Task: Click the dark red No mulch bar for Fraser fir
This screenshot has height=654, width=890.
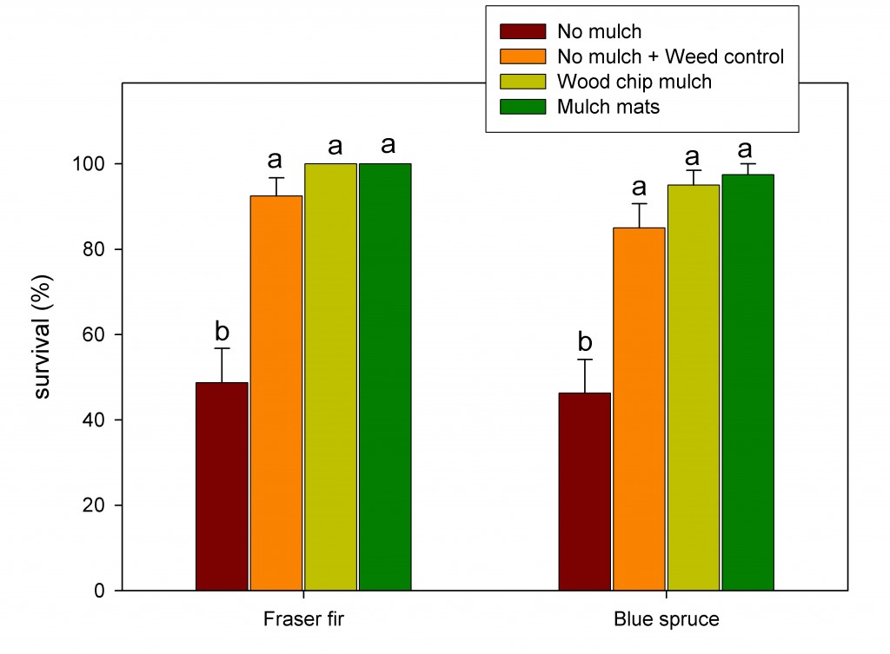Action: (x=222, y=486)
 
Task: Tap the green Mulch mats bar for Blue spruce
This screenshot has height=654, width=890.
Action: (x=747, y=382)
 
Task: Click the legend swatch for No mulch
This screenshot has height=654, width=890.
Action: (x=521, y=32)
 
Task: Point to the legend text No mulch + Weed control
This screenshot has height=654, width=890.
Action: (x=670, y=57)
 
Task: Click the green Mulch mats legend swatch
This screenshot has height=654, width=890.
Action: (x=521, y=108)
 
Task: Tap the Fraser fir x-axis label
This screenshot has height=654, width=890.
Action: (x=302, y=620)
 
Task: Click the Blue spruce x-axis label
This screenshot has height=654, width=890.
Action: (x=666, y=620)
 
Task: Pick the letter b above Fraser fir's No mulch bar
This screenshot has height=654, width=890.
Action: (x=222, y=331)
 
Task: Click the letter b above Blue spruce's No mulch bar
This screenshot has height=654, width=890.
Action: (x=584, y=341)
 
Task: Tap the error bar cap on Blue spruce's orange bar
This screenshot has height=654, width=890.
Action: (x=639, y=203)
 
